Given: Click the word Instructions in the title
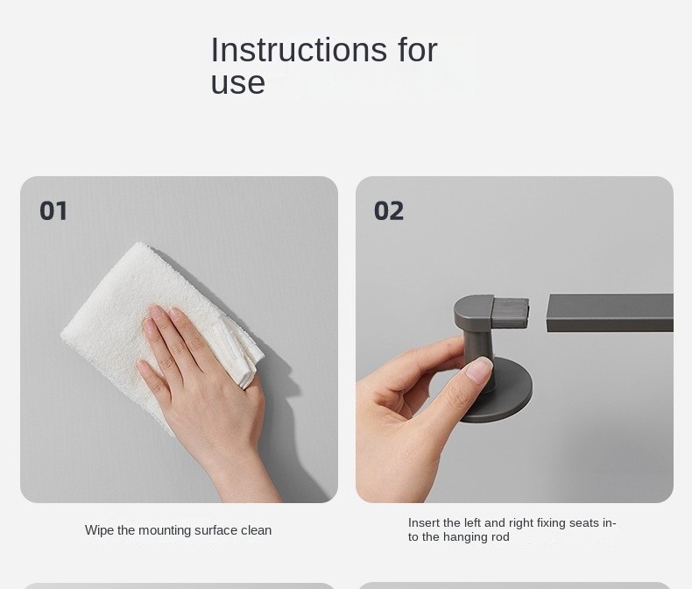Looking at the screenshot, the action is pyautogui.click(x=299, y=49).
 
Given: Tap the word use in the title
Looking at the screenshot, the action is pyautogui.click(x=238, y=82).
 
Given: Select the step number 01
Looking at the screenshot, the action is pyautogui.click(x=53, y=210).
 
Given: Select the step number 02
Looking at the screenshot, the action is pyautogui.click(x=388, y=210).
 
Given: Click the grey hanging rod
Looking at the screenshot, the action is pyautogui.click(x=610, y=313).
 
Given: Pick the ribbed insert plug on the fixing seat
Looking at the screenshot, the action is pyautogui.click(x=511, y=312).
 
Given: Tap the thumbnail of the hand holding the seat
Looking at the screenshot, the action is pyautogui.click(x=479, y=370).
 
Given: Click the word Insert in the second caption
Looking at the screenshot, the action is pyautogui.click(x=424, y=522).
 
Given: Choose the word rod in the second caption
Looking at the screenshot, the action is pyautogui.click(x=500, y=537).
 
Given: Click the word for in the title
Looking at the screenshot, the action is pyautogui.click(x=418, y=49).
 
